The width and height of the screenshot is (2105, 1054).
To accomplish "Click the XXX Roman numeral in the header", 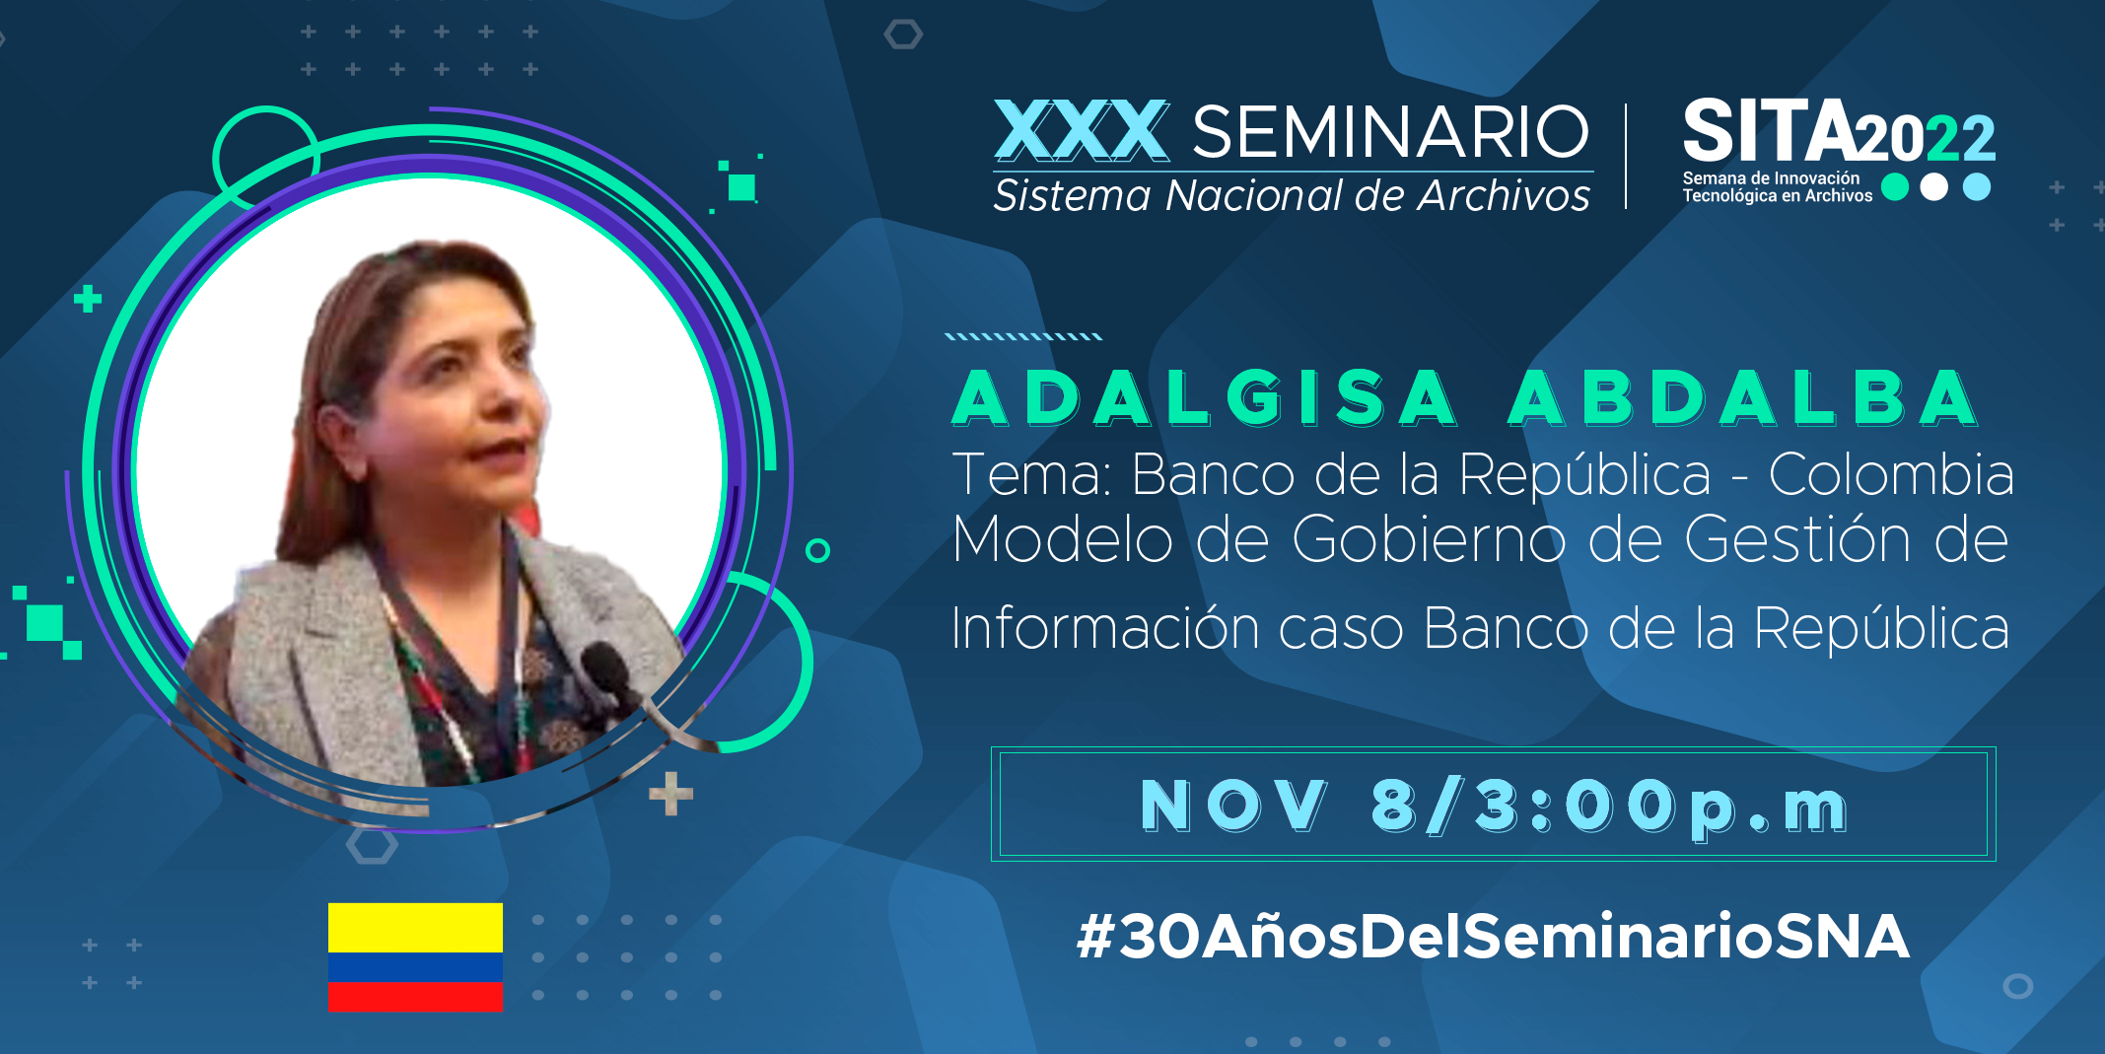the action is (x=1082, y=131).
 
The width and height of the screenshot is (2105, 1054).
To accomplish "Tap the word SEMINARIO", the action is (x=1391, y=132).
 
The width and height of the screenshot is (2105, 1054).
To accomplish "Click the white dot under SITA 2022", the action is (x=1934, y=186).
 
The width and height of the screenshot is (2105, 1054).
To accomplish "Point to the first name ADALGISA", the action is (x=1205, y=398).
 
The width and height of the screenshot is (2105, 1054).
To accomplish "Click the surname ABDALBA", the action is (x=1742, y=398).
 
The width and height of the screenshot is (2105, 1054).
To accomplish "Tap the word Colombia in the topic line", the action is (x=1891, y=474).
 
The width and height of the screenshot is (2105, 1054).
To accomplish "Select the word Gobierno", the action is (x=1429, y=539).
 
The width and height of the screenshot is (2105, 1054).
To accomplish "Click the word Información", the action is (x=1105, y=628).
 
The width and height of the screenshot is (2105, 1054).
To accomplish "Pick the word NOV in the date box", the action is (x=1233, y=806).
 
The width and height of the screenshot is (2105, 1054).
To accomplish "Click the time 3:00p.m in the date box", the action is (x=1662, y=807).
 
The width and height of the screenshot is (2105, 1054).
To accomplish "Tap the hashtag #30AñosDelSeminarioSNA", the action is (x=1494, y=936).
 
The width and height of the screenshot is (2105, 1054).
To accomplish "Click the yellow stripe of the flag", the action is (x=415, y=928).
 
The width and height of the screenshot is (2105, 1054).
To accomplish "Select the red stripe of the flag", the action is (x=415, y=997).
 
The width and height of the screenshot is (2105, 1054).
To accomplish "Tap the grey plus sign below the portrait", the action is (x=671, y=795).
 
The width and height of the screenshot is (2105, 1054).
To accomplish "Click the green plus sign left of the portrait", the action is (x=88, y=299).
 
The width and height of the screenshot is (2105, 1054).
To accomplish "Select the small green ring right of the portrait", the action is (x=817, y=550).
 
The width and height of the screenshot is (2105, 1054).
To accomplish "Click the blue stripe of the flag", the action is (x=415, y=967).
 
